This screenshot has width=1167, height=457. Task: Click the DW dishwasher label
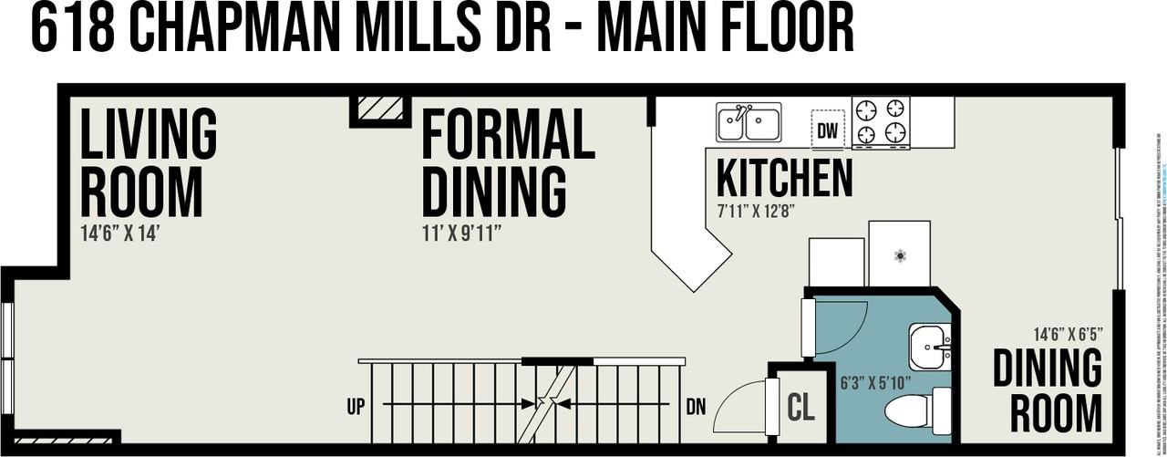(827, 130)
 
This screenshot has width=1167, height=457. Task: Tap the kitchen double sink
(749, 122)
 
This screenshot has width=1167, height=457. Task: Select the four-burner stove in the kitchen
(881, 121)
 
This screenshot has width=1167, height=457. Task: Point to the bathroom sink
(930, 347)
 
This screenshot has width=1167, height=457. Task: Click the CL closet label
(800, 408)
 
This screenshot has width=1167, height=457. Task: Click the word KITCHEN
(784, 179)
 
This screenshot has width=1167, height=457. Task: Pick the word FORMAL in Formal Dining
(507, 135)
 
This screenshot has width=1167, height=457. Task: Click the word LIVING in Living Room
(149, 134)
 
